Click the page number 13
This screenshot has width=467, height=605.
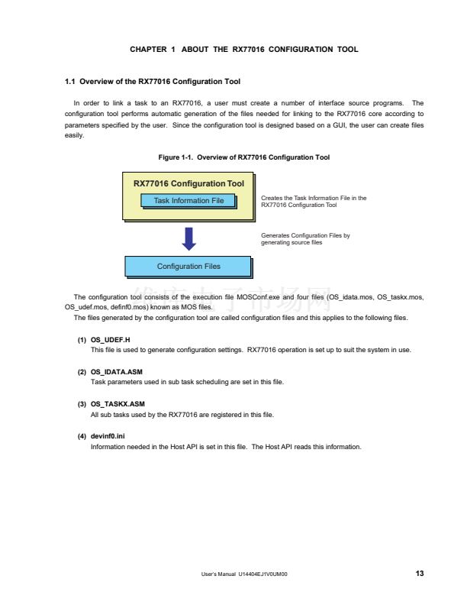[420, 574]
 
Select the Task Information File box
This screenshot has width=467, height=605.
[188, 201]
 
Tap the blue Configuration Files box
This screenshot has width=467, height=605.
[188, 267]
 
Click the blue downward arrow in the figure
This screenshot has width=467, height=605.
[189, 238]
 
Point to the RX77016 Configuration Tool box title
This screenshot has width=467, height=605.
[188, 183]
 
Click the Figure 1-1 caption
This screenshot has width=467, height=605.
[243, 157]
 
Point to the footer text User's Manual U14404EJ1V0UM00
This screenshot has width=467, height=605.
[241, 574]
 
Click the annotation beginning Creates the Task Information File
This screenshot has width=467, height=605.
[314, 202]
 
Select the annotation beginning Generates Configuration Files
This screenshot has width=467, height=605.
[305, 239]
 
